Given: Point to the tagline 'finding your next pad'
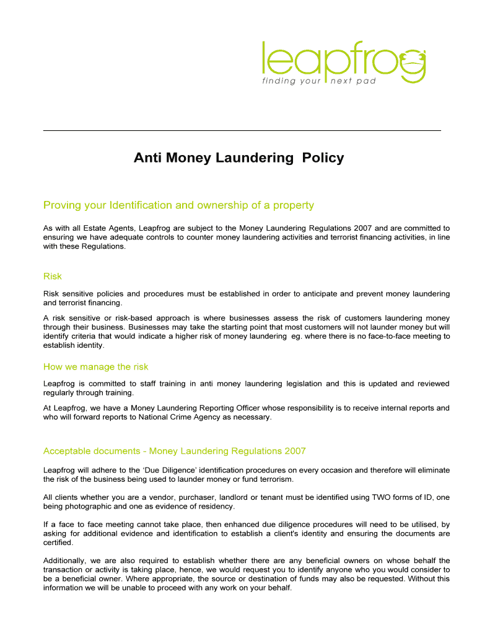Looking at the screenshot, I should tap(320, 81).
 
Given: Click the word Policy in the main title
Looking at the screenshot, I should tap(323, 158).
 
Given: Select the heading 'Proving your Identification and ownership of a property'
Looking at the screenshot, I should tap(178, 205).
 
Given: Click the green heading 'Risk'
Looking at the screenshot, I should tap(53, 276).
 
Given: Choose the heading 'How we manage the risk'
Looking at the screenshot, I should tap(96, 366).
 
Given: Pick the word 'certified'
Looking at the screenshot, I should tap(58, 543).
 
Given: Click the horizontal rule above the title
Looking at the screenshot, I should tap(242, 130).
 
